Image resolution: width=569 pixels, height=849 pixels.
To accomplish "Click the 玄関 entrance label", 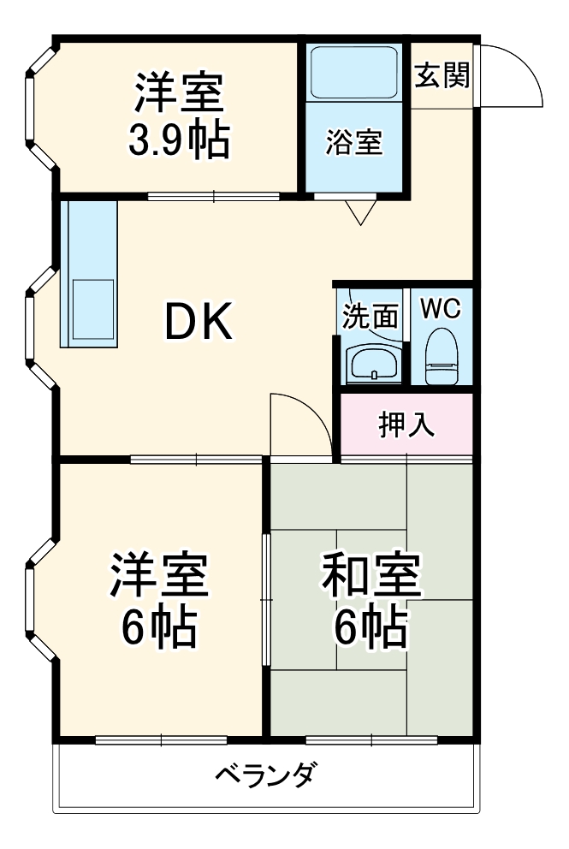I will [442, 76].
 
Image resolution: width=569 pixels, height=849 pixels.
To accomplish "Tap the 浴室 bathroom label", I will [353, 142].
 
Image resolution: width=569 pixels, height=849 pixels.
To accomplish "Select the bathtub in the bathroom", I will [353, 73].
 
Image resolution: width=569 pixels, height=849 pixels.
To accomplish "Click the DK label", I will [198, 324].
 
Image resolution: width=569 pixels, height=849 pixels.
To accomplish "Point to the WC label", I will [441, 309].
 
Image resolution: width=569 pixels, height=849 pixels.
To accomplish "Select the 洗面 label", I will [370, 316].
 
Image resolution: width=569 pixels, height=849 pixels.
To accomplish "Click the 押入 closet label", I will [406, 424].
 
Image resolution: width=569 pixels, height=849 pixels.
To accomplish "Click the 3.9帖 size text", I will [179, 141].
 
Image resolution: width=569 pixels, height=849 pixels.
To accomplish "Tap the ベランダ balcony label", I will [266, 776].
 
